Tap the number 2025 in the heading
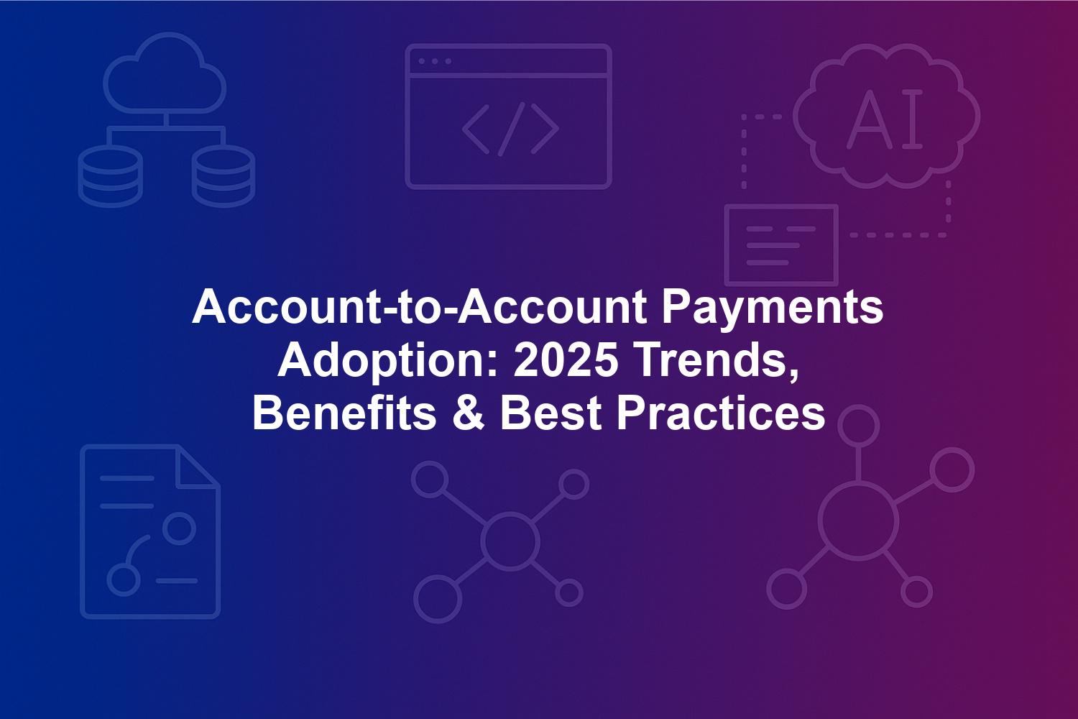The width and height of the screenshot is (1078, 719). click(566, 360)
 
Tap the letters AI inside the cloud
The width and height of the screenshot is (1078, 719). click(885, 119)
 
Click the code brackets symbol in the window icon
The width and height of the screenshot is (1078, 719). click(510, 129)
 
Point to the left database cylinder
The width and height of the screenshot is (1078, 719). click(110, 176)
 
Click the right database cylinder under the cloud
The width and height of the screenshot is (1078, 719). click(224, 176)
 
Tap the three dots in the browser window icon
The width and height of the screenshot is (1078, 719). click(435, 61)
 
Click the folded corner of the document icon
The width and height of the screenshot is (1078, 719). click(198, 466)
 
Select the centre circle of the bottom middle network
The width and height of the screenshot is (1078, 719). click(510, 541)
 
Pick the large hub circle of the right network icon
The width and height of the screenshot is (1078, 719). click(858, 522)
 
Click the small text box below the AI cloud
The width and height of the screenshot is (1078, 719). click(782, 245)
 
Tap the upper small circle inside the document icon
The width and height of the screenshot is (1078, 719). click(179, 528)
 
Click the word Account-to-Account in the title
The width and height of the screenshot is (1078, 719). click(419, 307)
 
